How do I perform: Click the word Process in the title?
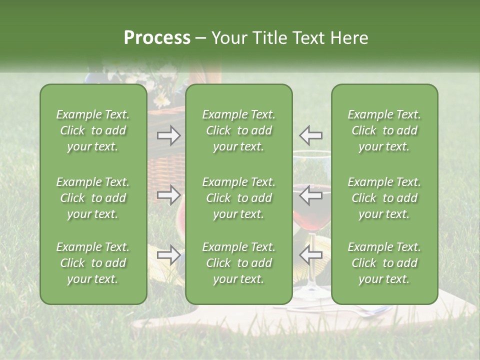[157, 38]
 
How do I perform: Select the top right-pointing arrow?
[169, 135]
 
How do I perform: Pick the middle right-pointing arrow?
[169, 195]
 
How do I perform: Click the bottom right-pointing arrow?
[169, 255]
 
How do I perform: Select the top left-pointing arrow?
[310, 135]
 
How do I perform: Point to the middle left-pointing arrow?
[310, 195]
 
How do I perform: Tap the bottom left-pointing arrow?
[310, 255]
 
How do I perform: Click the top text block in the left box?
[93, 130]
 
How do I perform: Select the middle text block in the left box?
[93, 198]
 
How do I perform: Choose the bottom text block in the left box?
[93, 263]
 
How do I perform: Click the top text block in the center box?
[238, 130]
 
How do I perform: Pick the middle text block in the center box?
[238, 198]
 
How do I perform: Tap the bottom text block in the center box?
[238, 263]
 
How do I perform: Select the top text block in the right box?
[384, 130]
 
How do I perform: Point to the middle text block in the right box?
[384, 198]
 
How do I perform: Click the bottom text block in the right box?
[384, 263]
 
